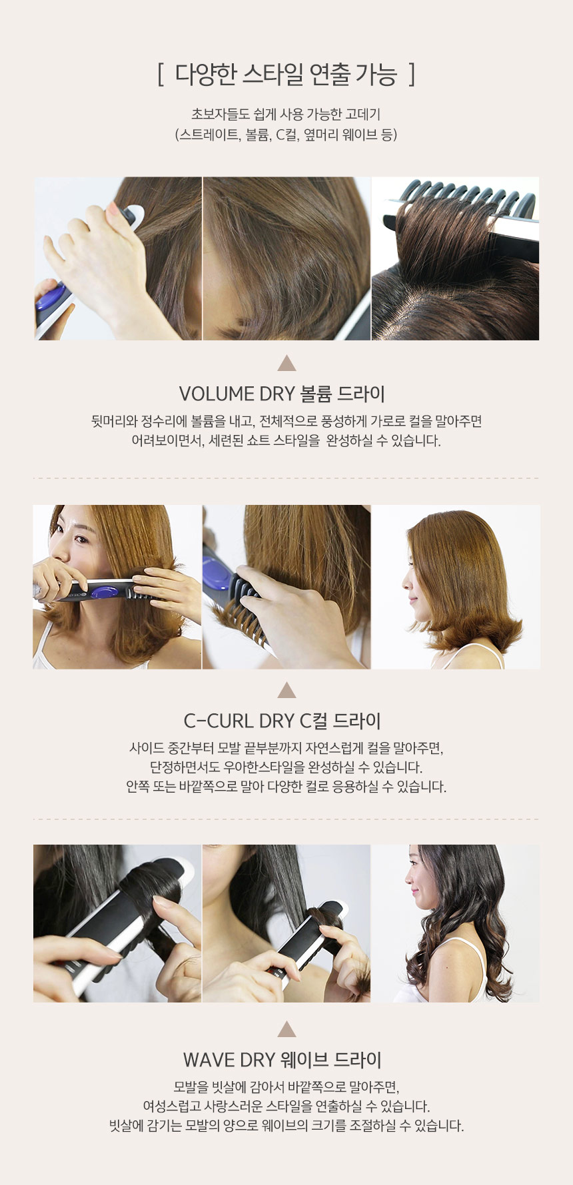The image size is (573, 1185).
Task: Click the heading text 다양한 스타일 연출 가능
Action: point(286,75)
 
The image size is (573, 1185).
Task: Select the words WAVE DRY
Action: point(229,1060)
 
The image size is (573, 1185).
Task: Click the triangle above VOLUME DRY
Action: point(286,363)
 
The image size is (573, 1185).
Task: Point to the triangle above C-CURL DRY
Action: point(286,690)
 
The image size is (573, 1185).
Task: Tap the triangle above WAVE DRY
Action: point(286,1029)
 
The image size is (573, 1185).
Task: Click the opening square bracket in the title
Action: point(161,75)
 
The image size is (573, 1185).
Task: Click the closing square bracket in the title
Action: point(412,75)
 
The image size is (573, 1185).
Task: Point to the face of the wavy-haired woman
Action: point(418,886)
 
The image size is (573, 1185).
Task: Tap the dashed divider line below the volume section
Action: point(286,478)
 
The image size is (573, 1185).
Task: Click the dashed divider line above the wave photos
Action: point(286,819)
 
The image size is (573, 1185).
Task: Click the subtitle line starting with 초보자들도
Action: point(286,114)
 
